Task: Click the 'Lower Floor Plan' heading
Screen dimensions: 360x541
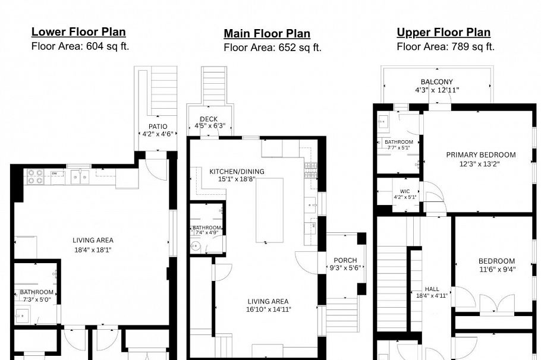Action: pos(78,32)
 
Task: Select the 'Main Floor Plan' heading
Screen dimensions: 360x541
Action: pos(267,33)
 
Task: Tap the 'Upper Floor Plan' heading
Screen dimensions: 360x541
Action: pos(444,32)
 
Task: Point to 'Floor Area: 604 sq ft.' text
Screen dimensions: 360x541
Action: pos(80,46)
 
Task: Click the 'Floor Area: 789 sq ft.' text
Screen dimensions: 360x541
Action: pos(445,46)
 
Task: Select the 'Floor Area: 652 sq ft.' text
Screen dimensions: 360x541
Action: pos(272,48)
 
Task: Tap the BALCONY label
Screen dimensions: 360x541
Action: pos(436,82)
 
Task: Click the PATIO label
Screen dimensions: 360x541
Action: pos(158,127)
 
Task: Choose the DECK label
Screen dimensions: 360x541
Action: pos(209,119)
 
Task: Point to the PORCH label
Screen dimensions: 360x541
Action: pos(345,260)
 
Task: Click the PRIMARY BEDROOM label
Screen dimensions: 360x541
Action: pos(481,155)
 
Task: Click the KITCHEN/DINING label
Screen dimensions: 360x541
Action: pos(237,172)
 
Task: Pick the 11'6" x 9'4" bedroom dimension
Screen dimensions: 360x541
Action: pos(496,269)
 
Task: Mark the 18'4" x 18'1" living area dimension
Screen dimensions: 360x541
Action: pos(93,250)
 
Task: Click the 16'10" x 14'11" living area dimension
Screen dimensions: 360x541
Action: pos(268,309)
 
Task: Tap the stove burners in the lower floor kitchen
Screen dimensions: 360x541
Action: pos(35,176)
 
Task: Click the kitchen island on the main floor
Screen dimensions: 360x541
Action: pos(269,214)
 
